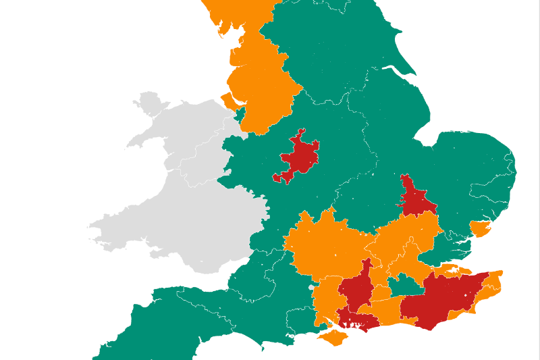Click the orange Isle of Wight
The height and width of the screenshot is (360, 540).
334,338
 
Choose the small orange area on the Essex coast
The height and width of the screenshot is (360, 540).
480,228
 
